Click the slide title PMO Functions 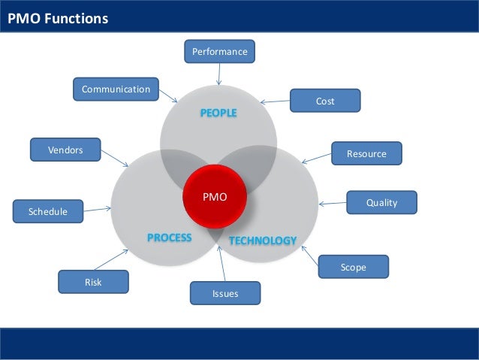58,19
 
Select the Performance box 219,52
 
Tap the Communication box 116,89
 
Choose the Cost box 325,101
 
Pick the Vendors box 65,150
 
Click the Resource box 366,153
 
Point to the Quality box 381,202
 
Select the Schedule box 48,212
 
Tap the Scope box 354,267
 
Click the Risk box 93,282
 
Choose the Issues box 225,293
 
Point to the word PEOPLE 218,113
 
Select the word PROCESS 169,237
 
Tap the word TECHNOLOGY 262,241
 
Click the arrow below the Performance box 219,74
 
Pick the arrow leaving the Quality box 332,203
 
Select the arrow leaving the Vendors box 115,159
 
